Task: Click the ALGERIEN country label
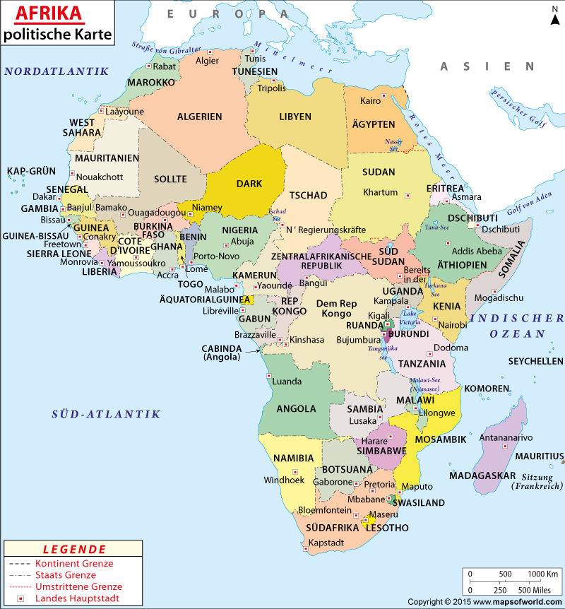[x=199, y=117]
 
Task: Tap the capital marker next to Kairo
[x=383, y=95]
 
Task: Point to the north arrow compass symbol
[x=554, y=16]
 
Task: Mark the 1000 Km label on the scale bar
[x=543, y=573]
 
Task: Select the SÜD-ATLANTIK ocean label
[x=106, y=415]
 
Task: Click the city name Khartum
[x=381, y=192]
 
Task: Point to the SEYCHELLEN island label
[x=535, y=361]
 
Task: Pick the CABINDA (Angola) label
[x=222, y=353]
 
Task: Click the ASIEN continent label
[x=487, y=66]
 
